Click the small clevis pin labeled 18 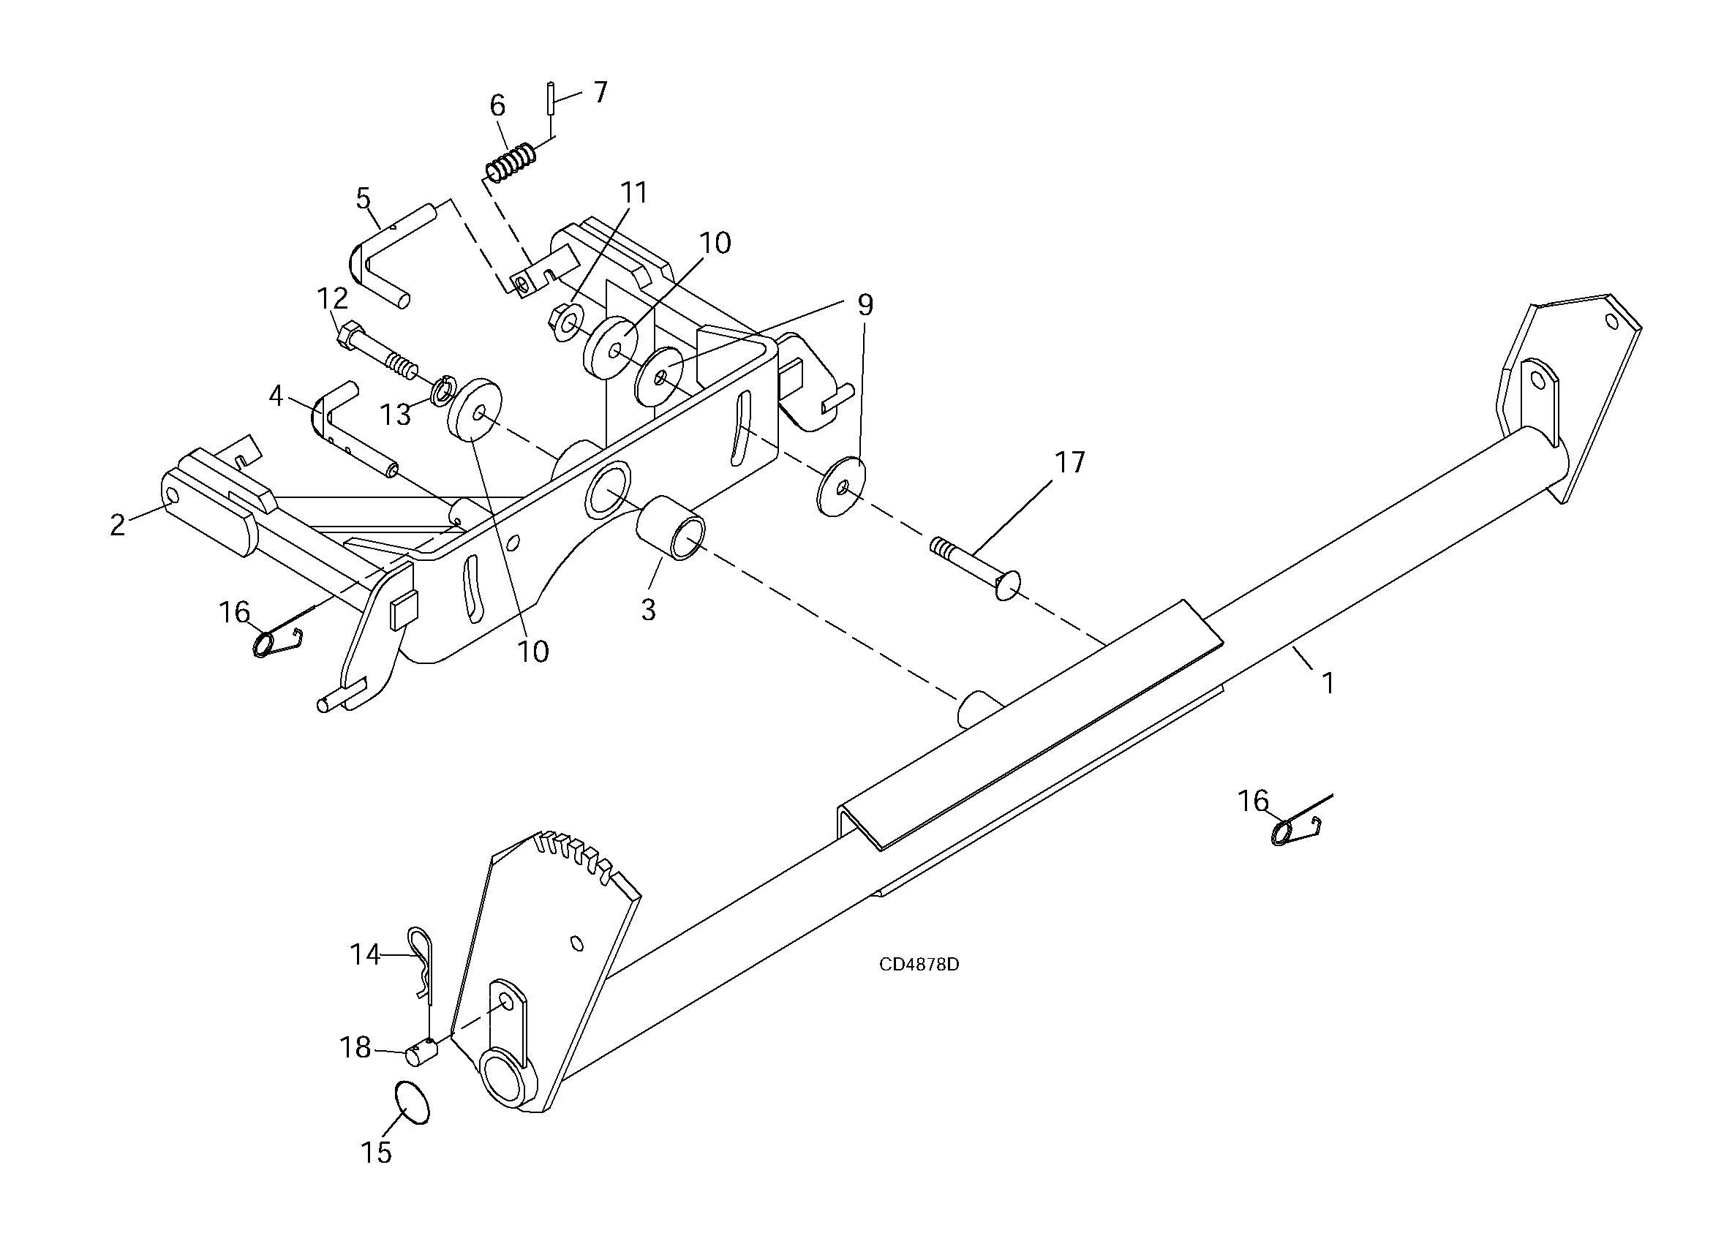421,1054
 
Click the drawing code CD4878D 919,964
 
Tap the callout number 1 1328,682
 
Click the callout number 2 117,525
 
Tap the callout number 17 1070,462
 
